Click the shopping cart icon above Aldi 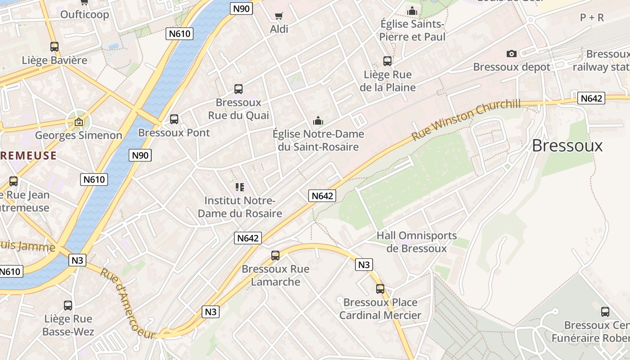(279, 16)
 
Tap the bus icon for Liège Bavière (54, 46)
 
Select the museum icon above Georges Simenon (79, 121)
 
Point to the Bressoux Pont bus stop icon (174, 119)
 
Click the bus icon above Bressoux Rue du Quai (238, 89)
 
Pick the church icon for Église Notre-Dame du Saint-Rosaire (318, 121)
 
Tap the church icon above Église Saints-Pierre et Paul (412, 11)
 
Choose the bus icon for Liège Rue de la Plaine (387, 61)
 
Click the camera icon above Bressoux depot (512, 54)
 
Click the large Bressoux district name (567, 145)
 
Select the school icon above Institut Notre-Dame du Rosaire (240, 187)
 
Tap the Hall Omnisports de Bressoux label (417, 242)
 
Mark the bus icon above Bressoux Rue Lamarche (275, 256)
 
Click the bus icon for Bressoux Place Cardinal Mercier (380, 289)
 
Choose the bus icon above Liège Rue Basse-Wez (68, 306)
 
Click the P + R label (592, 18)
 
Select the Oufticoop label (85, 15)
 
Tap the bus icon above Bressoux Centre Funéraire (605, 311)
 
